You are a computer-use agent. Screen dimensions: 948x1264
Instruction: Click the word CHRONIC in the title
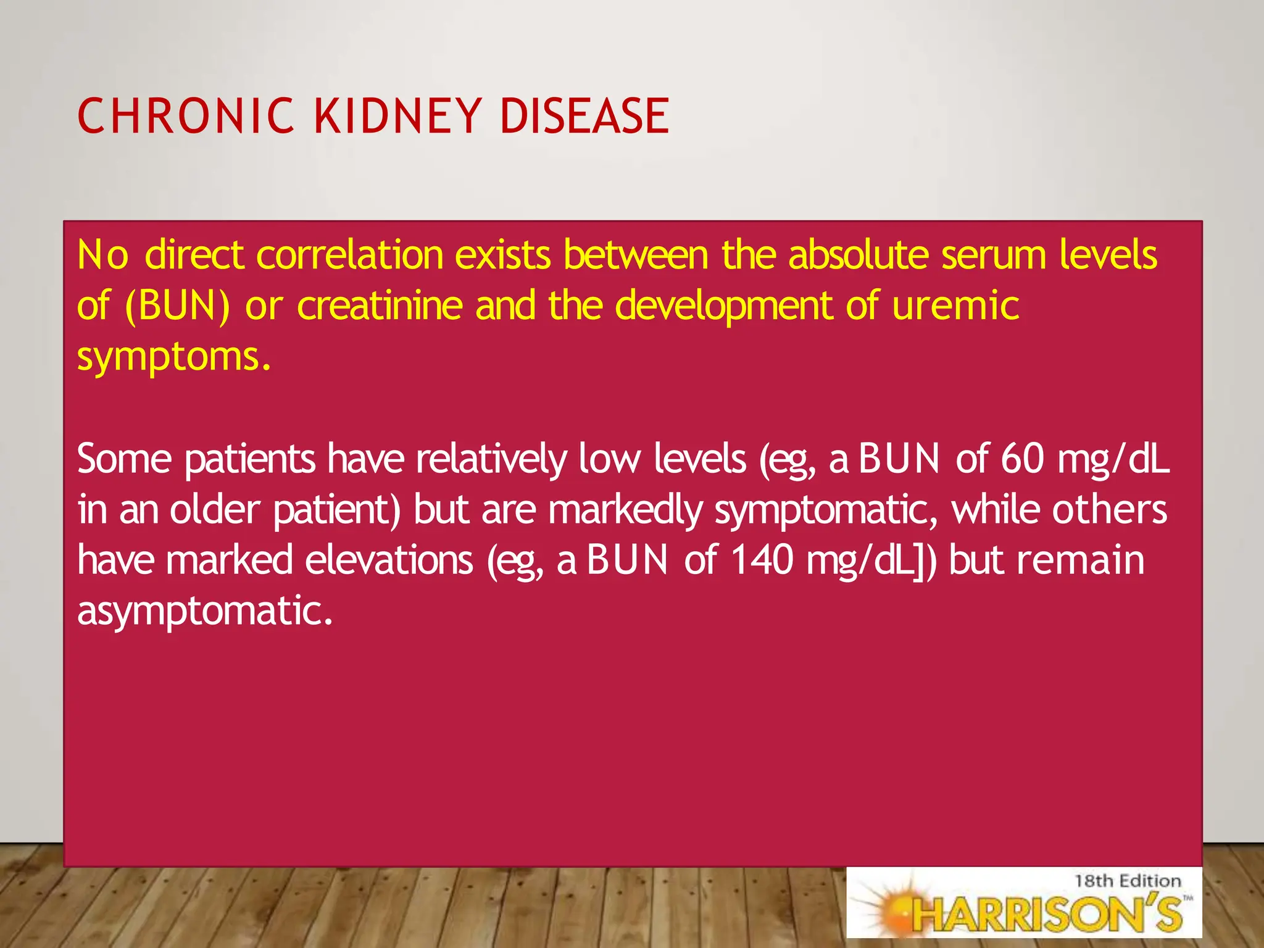pos(186,116)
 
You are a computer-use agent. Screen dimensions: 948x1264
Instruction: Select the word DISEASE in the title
pos(584,116)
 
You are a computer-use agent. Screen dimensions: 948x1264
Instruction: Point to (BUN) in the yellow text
pos(177,306)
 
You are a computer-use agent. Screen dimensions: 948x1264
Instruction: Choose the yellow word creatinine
pos(379,306)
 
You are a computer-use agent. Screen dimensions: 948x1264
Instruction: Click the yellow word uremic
pos(955,306)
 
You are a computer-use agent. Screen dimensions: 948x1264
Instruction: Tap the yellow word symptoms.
pos(173,358)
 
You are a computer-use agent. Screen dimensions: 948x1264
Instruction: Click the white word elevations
pos(389,560)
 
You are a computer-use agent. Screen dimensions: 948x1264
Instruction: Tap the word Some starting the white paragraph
pos(124,459)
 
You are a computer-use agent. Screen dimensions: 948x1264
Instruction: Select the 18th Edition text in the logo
pos(1127,881)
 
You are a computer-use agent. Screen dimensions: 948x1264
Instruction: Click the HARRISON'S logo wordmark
pos(1049,914)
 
